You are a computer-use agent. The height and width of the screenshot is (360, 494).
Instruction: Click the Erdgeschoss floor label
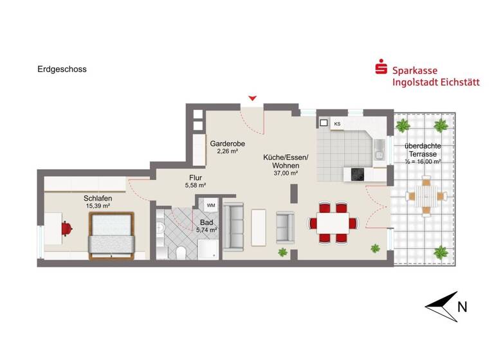[x=62, y=69]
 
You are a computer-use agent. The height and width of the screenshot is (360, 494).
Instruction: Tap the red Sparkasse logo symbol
[x=381, y=67]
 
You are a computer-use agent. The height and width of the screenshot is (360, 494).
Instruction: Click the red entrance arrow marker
[x=253, y=98]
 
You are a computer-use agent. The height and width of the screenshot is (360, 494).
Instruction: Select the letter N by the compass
[x=462, y=307]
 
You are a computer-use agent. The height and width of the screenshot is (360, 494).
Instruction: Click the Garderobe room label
[x=228, y=144]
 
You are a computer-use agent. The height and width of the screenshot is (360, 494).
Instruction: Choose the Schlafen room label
[x=98, y=198]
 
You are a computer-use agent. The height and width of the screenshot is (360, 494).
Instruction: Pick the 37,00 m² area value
[x=286, y=172]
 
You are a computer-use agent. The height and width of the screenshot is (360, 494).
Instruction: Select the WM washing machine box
[x=210, y=204]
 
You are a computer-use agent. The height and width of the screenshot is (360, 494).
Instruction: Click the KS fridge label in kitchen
[x=337, y=123]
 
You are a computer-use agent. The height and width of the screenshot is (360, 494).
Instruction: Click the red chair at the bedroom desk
[x=67, y=227]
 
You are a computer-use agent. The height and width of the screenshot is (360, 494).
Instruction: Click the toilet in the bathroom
[x=183, y=251]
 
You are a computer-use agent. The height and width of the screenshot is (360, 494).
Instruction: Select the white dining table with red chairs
[x=333, y=223]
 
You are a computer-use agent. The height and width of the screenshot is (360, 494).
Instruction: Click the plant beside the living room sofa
[x=282, y=253]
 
